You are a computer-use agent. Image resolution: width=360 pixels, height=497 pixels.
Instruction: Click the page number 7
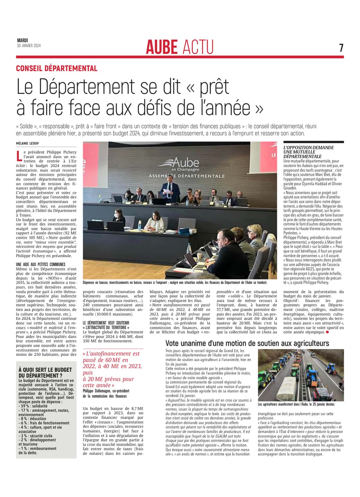(341, 48)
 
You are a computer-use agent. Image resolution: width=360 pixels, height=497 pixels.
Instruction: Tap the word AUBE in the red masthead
(162, 47)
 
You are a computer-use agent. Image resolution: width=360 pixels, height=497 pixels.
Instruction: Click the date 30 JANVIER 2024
(29, 46)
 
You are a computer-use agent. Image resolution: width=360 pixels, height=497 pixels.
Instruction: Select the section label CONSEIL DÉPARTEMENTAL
(57, 68)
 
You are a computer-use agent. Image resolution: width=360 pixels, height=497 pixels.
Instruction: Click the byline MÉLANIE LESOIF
(28, 143)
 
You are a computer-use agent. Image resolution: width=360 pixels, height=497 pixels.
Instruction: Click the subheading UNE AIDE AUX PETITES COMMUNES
(40, 264)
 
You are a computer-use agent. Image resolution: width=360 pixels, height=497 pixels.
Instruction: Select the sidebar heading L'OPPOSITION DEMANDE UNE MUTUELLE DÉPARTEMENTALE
(309, 152)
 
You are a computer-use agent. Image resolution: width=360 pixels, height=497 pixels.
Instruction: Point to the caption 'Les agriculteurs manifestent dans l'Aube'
(296, 404)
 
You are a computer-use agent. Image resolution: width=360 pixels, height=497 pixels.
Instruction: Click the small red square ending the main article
(327, 332)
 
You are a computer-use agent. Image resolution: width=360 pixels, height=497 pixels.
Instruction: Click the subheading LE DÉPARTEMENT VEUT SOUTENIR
(106, 323)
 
